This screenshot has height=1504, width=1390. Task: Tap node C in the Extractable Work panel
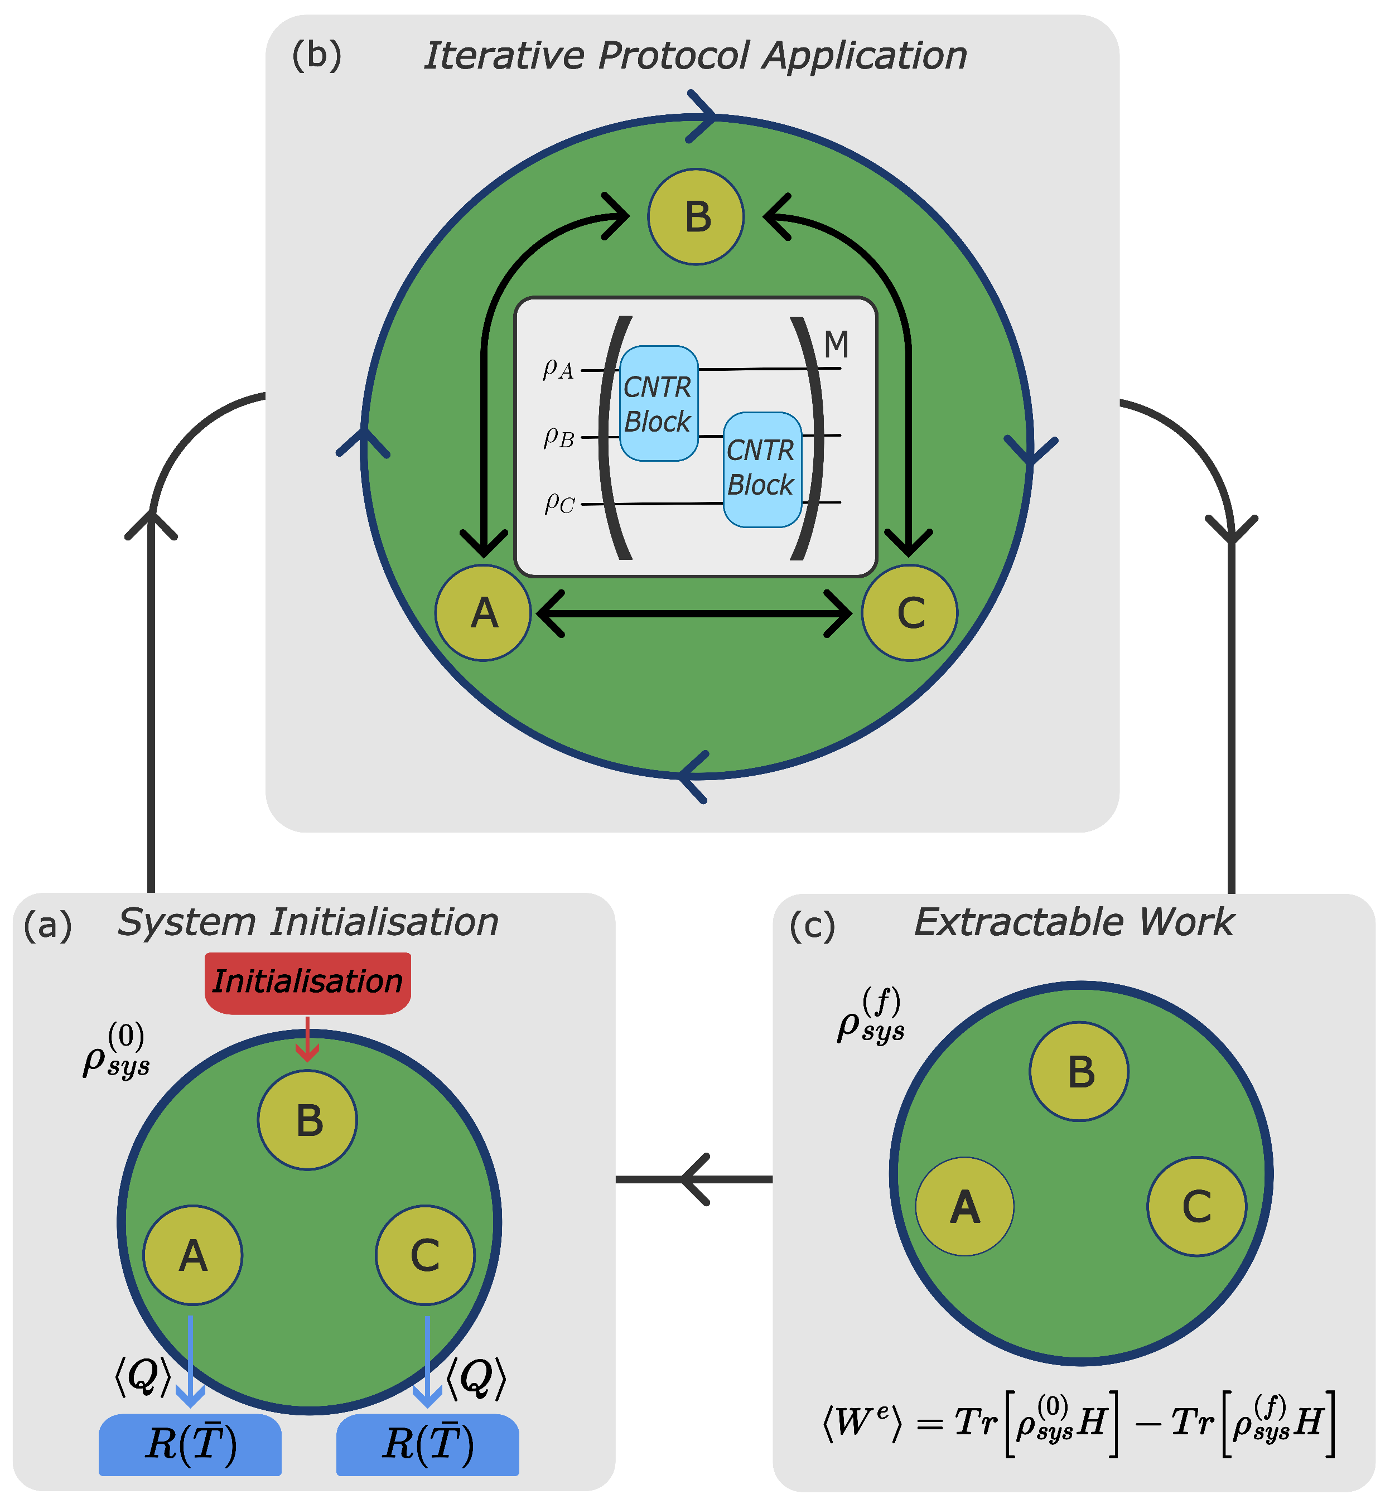point(1196,1206)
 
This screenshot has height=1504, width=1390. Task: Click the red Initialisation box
point(308,981)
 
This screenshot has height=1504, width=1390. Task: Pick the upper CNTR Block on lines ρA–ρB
point(658,404)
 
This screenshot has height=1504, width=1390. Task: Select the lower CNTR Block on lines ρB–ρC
point(762,468)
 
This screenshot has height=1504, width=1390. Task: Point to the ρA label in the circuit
point(558,369)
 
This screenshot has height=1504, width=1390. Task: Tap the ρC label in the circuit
point(559,502)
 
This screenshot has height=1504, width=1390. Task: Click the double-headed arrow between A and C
point(696,613)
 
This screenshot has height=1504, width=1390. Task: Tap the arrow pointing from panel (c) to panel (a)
point(693,1179)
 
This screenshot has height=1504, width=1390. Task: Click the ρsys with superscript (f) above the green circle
point(870,1017)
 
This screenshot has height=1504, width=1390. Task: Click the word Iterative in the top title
point(504,56)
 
